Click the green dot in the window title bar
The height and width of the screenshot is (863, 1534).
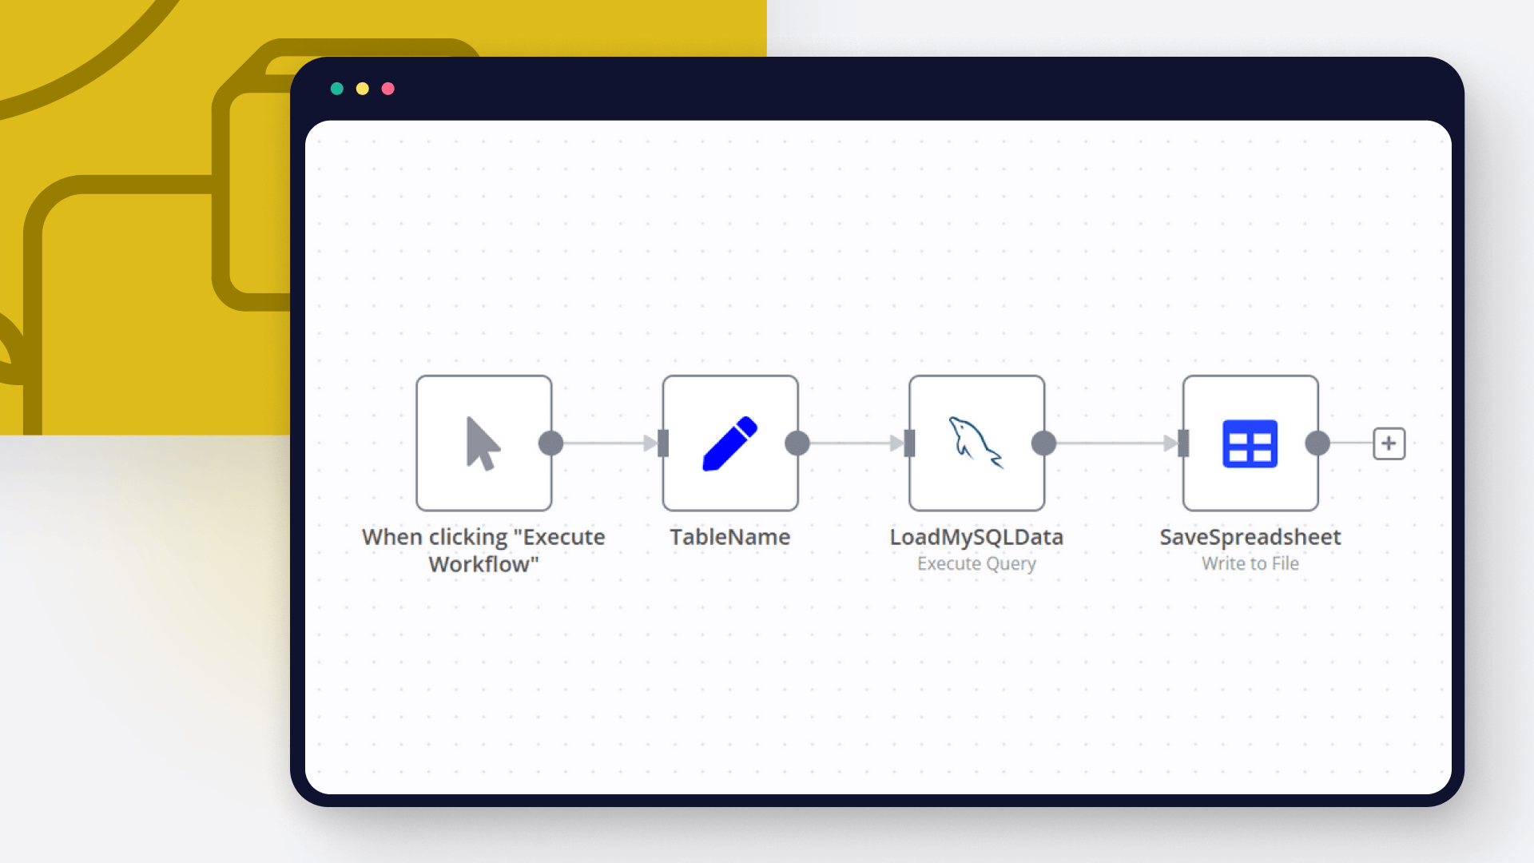click(337, 89)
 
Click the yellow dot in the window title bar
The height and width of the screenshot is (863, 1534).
click(363, 89)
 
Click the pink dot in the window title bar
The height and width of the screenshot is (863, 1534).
click(388, 89)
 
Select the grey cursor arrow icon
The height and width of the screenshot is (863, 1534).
click(483, 443)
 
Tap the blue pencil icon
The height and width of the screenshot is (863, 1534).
click(729, 443)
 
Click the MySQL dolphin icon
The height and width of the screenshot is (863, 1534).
click(976, 442)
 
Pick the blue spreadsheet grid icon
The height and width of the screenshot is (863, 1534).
click(1250, 443)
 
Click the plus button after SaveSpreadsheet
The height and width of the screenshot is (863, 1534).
click(1389, 443)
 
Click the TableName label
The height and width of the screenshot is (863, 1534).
click(729, 537)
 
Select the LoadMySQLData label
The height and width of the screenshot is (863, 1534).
click(976, 537)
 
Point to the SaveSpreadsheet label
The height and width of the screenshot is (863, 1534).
click(1250, 537)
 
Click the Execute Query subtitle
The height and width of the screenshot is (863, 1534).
click(976, 564)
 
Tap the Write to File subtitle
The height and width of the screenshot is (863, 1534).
click(1250, 564)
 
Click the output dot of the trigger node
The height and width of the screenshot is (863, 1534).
click(551, 443)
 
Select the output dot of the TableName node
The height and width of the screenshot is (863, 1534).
click(797, 443)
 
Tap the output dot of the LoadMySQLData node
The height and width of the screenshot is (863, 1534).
click(1043, 443)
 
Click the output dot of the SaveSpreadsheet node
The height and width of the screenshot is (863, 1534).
click(1317, 443)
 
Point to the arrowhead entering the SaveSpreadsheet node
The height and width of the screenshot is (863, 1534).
click(1170, 443)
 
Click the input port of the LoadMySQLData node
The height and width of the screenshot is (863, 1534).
click(909, 443)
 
